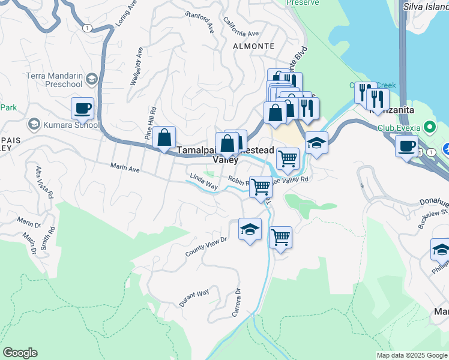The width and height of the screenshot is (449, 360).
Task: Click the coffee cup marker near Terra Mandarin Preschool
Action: point(82,109)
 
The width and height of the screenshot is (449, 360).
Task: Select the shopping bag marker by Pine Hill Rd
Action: point(164,137)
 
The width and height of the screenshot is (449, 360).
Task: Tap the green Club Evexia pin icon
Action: point(429,128)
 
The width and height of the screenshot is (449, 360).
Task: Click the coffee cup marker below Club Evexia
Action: point(406,146)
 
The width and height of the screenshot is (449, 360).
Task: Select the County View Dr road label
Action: point(207,247)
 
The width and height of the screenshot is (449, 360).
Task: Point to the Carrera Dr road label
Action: point(237,304)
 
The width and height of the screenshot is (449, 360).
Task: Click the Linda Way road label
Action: point(203,181)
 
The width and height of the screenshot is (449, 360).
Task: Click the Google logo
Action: point(20,353)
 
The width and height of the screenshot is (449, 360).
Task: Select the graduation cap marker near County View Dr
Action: point(250,229)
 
